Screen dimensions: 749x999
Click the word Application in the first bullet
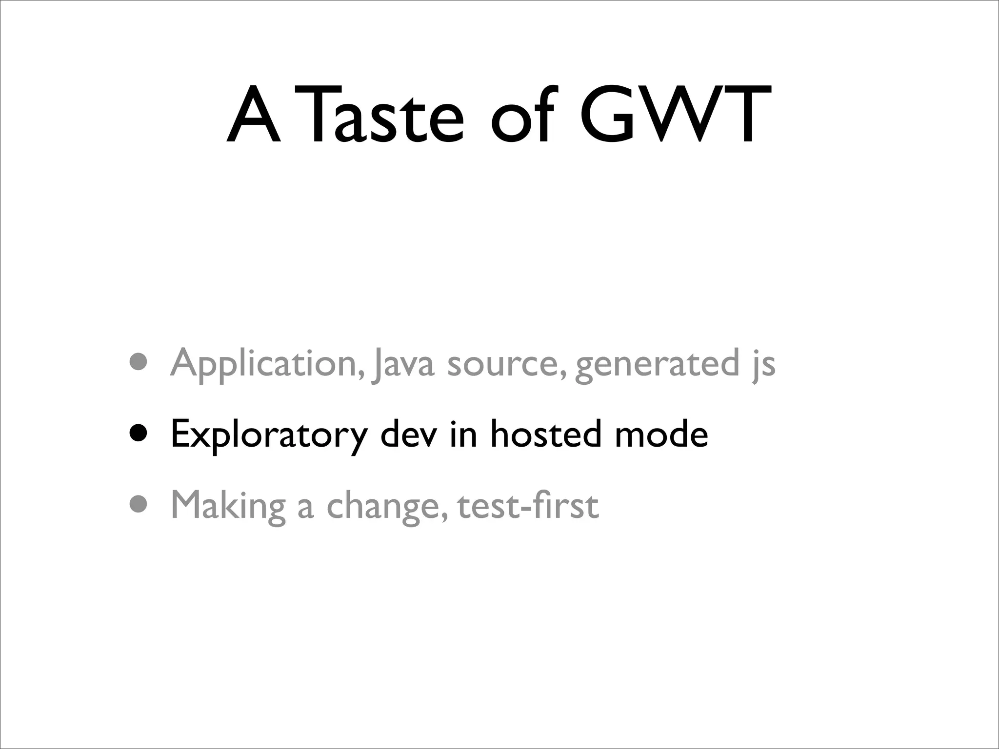click(267, 364)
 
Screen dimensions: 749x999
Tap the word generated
click(657, 364)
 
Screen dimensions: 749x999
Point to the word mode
click(661, 434)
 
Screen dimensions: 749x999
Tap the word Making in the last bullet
click(228, 506)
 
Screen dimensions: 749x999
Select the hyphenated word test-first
click(528, 506)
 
